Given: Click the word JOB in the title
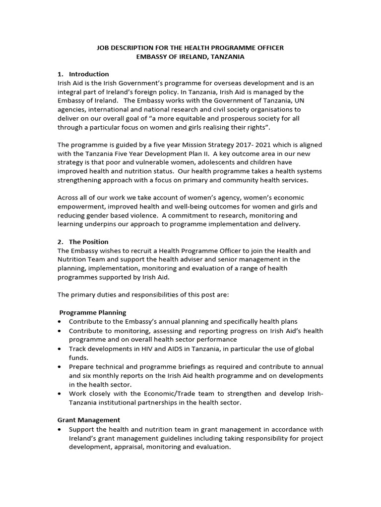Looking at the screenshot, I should (x=103, y=48).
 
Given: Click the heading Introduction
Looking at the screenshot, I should (x=89, y=74).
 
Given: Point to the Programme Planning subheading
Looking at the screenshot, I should (x=93, y=312).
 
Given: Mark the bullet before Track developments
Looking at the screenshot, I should (x=60, y=349).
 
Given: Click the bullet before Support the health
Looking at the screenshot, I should (x=60, y=429).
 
